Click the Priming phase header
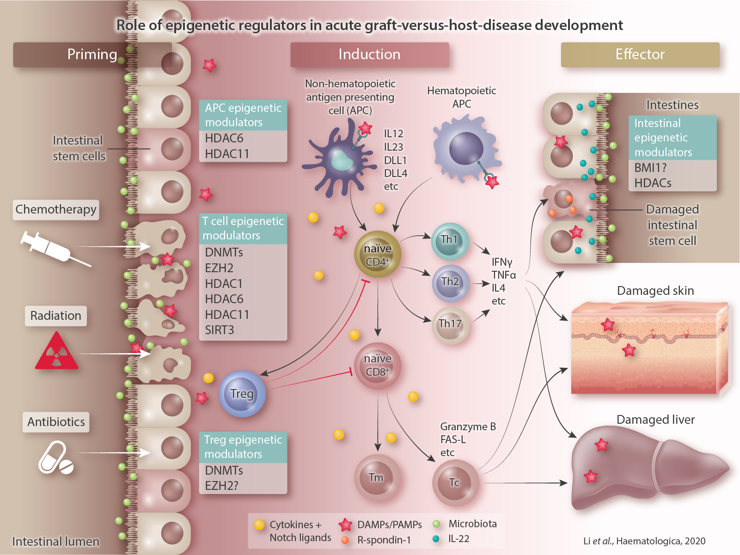pos(92,55)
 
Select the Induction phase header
pos(369,55)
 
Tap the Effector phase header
pos(640,55)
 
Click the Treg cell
pos(242,394)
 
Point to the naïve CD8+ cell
pos(378,366)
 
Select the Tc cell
pos(454,482)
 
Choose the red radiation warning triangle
pos(56,352)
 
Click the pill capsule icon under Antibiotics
pos(55,458)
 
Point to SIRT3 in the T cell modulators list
pos(220,330)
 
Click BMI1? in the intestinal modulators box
pos(650,168)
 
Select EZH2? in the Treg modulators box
pos(222,486)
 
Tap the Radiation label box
pos(55,316)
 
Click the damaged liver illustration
pos(647,467)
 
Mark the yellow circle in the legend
pos(259,525)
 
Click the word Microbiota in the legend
pos(472,524)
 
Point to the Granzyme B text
pos(468,427)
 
